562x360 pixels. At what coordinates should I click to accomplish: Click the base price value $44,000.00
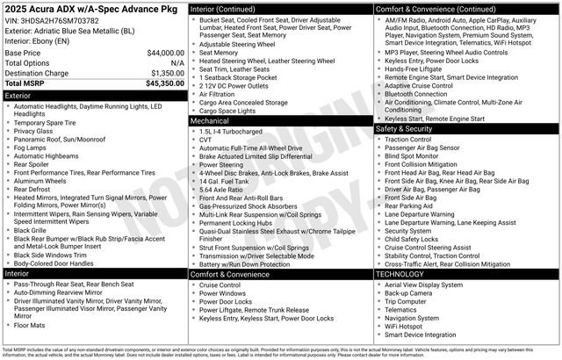click(159, 53)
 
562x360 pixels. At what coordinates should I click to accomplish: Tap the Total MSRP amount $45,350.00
click(159, 83)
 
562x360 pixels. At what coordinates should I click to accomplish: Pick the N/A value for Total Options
click(177, 63)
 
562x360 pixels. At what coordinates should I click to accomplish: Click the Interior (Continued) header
click(231, 8)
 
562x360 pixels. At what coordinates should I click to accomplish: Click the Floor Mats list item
click(32, 325)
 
